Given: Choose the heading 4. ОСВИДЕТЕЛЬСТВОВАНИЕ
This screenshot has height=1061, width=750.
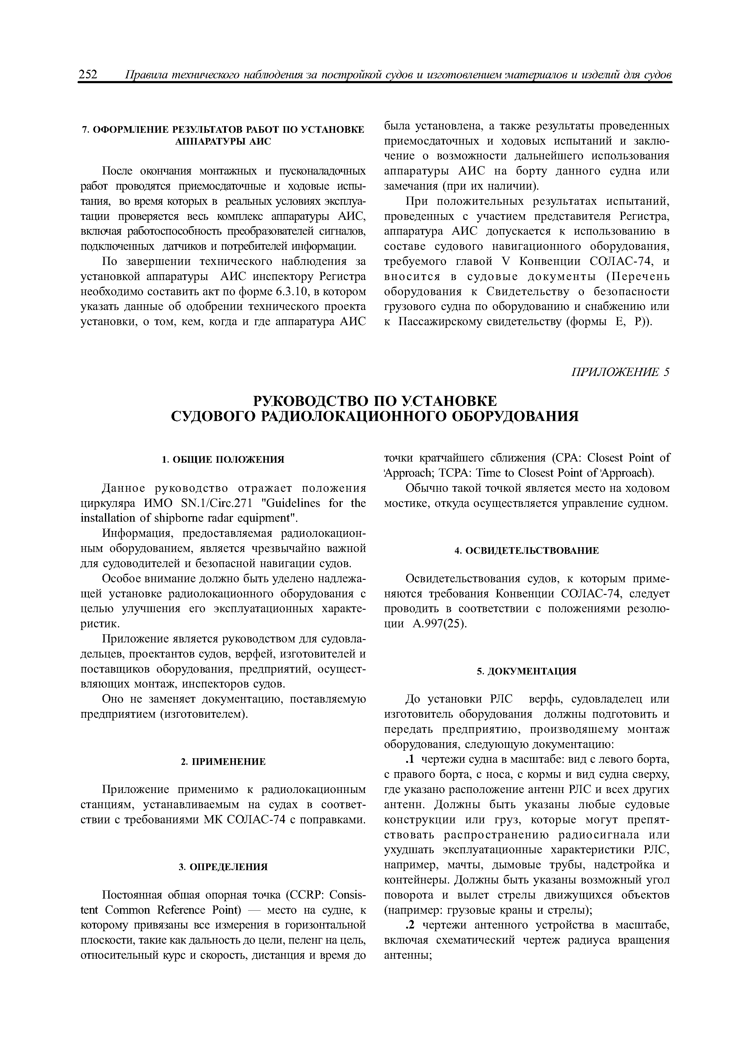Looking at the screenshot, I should pos(526,550).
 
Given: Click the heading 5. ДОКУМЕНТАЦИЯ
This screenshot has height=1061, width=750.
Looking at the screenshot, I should pos(526,671).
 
